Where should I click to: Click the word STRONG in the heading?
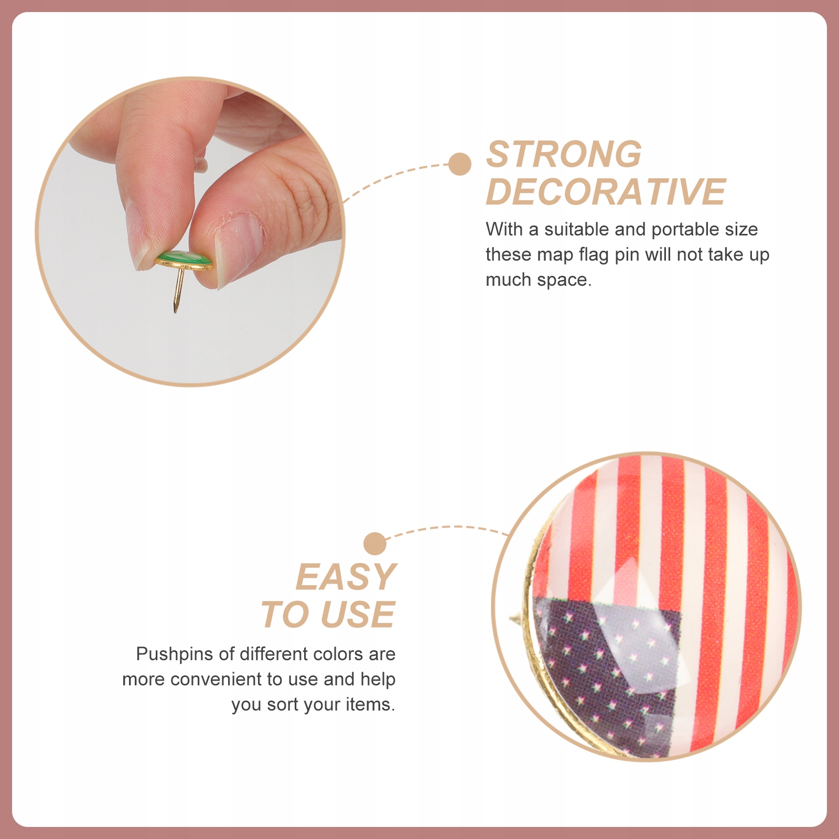[x=564, y=154]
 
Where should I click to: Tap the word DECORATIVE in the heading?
[x=606, y=191]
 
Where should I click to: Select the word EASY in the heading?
[x=346, y=577]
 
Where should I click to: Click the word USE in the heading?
[x=358, y=614]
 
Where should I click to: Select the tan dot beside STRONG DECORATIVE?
[x=460, y=164]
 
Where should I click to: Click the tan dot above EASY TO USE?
[x=375, y=544]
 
